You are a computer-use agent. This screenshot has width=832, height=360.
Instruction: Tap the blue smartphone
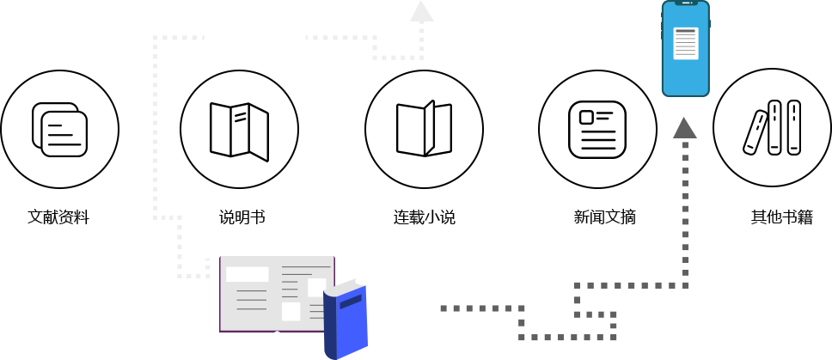pyautogui.click(x=685, y=49)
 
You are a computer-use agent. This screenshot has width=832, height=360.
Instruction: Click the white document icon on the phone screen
pyautogui.click(x=685, y=44)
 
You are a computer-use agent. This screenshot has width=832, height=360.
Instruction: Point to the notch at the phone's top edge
pyautogui.click(x=685, y=3)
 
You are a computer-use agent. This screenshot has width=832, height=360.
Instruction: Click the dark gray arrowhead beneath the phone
pyautogui.click(x=684, y=128)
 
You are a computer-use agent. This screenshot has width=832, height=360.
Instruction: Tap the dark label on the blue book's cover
pyautogui.click(x=351, y=302)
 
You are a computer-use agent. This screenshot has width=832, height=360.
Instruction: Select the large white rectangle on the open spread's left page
pyautogui.click(x=247, y=274)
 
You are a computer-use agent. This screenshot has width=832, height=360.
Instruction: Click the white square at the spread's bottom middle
pyautogui.click(x=291, y=311)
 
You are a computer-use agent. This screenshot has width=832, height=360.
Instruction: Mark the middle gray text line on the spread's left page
pyautogui.click(x=252, y=300)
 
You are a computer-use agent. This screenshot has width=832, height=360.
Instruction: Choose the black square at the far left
pyautogui.click(x=59, y=129)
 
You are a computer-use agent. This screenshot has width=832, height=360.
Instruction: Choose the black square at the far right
pyautogui.click(x=771, y=127)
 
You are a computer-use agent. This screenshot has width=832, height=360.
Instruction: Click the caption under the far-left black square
pyautogui.click(x=58, y=217)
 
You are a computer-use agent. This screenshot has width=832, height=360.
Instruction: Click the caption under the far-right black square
pyautogui.click(x=782, y=217)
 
